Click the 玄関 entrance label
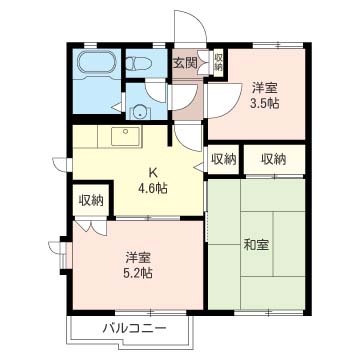[185, 63]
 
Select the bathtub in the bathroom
[95, 63]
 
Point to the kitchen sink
[125, 136]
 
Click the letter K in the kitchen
[153, 173]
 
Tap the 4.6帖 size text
[153, 189]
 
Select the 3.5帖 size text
[265, 104]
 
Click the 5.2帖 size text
[138, 273]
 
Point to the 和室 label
[256, 245]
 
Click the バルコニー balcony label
[134, 329]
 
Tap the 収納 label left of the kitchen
[91, 201]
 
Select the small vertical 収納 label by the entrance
[218, 62]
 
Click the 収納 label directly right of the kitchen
[224, 160]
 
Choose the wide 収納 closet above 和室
[274, 159]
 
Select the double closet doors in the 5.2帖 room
[91, 227]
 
